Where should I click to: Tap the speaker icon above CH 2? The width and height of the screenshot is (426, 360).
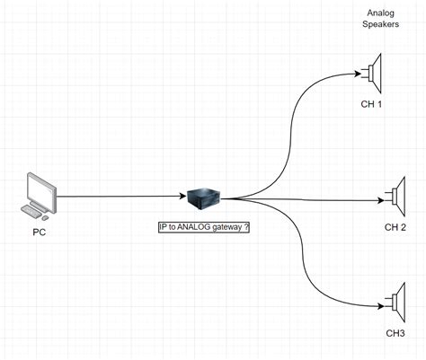[397, 194]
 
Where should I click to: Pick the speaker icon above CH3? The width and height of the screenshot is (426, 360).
[396, 301]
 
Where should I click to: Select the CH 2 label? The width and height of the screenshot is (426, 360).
[396, 227]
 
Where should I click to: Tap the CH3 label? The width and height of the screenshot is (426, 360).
[395, 334]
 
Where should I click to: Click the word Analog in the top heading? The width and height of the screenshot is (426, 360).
[381, 12]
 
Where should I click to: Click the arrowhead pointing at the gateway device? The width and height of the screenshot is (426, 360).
[182, 197]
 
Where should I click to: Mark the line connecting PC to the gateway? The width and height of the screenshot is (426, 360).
[117, 197]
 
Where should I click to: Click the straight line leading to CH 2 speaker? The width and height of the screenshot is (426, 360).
[315, 199]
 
